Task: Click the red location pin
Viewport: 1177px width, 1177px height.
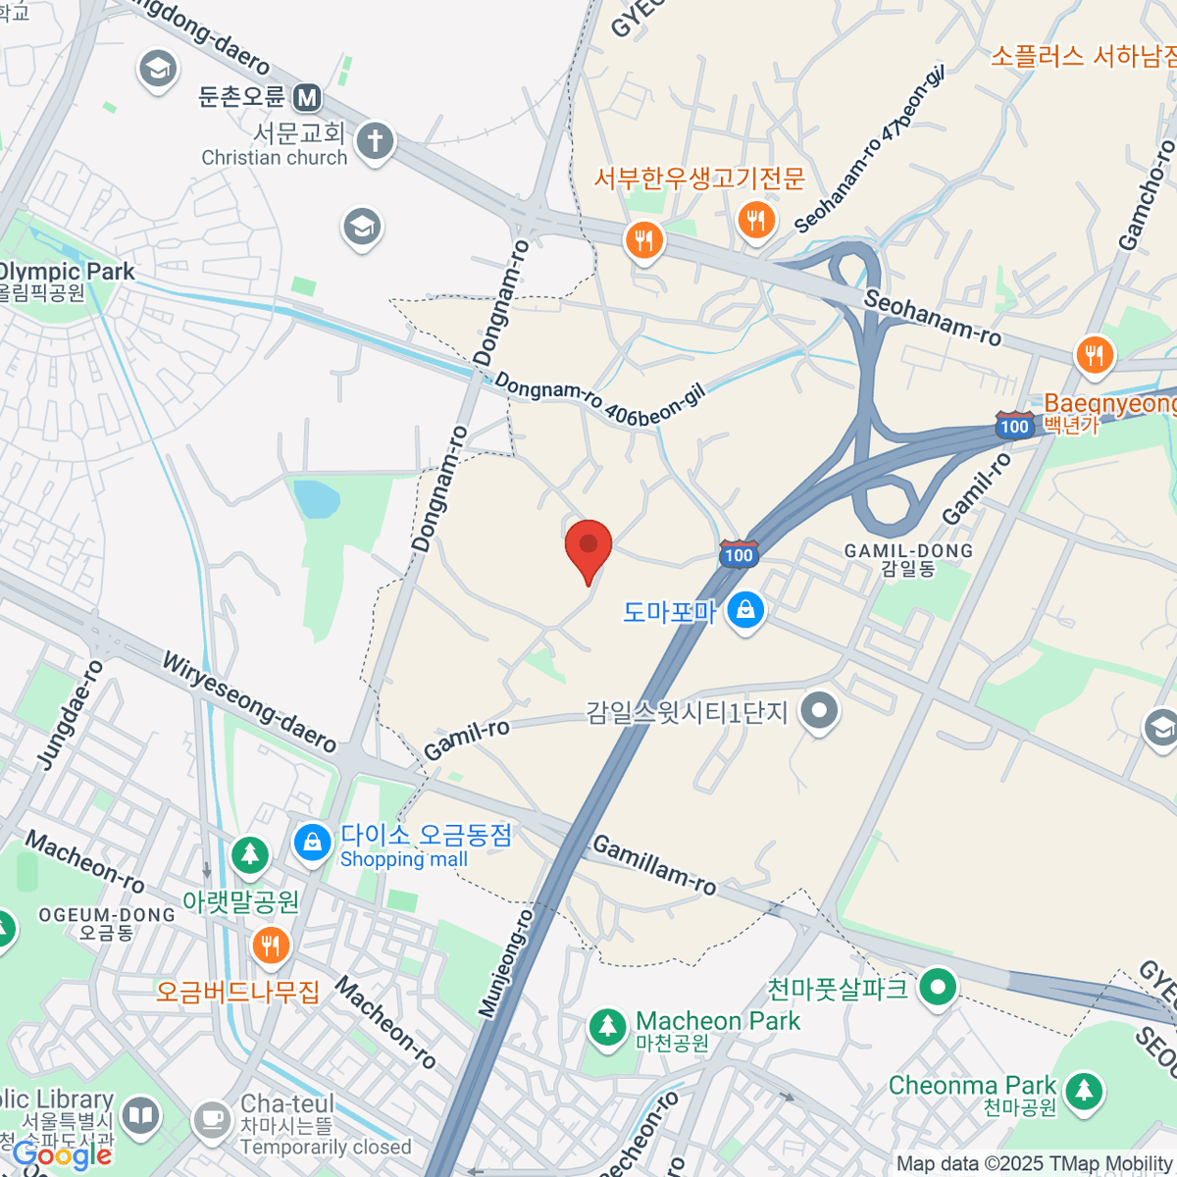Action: click(588, 547)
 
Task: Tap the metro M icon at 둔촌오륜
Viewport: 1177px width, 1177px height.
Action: click(308, 97)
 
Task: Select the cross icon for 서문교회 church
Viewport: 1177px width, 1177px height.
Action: click(374, 141)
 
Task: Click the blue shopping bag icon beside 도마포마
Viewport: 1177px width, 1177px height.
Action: click(746, 610)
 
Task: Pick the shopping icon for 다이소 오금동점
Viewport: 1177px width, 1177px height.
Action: click(313, 843)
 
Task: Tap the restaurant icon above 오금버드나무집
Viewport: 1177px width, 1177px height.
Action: click(270, 947)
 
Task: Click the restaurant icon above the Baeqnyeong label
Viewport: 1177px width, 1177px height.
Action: click(1095, 356)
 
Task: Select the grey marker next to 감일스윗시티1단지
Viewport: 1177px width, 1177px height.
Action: click(819, 711)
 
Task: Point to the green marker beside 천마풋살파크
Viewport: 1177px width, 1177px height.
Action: click(938, 988)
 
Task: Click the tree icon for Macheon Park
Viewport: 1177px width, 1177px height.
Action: click(607, 1028)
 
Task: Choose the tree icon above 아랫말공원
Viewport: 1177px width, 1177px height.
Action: click(250, 854)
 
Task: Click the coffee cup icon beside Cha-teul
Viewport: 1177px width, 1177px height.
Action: click(211, 1119)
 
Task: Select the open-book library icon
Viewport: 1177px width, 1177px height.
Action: click(141, 1117)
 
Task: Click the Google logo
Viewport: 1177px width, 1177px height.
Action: click(61, 1155)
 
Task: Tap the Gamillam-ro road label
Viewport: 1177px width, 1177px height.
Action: click(654, 865)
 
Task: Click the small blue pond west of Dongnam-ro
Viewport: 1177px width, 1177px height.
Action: click(317, 498)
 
